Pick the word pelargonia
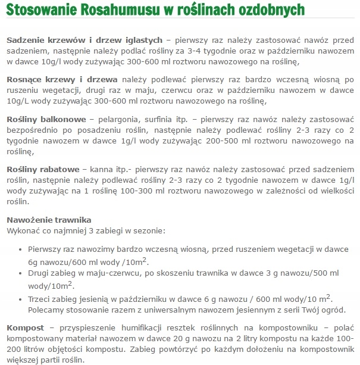point(117,118)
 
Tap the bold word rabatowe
point(60,169)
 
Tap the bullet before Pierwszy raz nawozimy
point(22,251)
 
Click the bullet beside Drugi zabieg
point(22,272)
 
